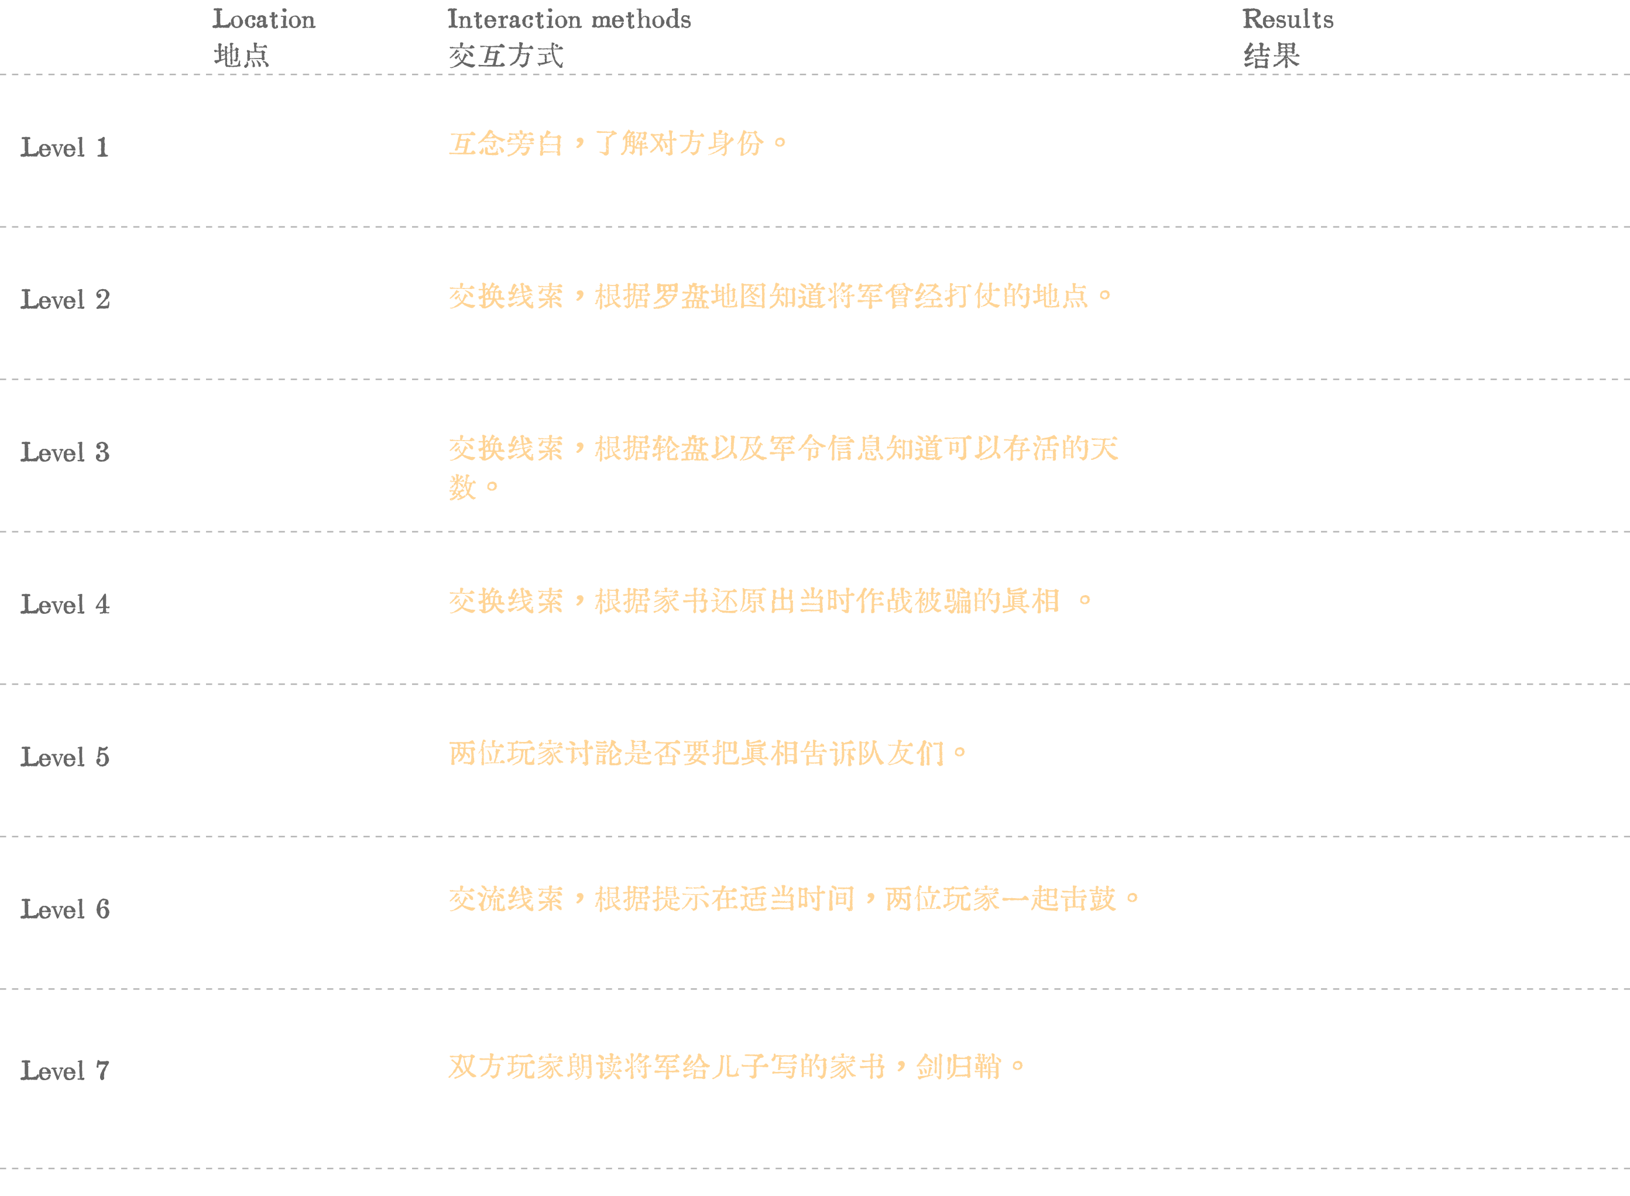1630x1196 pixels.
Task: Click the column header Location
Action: click(x=263, y=19)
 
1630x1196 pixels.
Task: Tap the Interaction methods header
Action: click(x=569, y=19)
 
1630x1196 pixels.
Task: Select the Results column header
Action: click(x=1288, y=19)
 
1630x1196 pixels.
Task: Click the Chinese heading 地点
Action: click(x=241, y=56)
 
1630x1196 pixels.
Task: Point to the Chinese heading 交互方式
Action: click(x=506, y=56)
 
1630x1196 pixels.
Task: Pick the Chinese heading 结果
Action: click(x=1272, y=56)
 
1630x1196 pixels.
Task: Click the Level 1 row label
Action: click(x=64, y=147)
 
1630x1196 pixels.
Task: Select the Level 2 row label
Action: click(x=65, y=300)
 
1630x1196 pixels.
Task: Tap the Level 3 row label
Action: click(x=65, y=452)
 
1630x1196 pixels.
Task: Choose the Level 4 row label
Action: click(x=65, y=604)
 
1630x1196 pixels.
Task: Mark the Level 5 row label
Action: click(x=65, y=757)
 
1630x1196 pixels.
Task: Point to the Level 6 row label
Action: click(x=65, y=909)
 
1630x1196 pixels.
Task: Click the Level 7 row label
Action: click(x=65, y=1071)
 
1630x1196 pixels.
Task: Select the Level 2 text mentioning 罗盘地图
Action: click(x=781, y=296)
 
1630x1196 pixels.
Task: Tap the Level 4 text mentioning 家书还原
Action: click(x=770, y=601)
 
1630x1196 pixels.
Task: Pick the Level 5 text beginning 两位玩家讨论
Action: click(x=708, y=754)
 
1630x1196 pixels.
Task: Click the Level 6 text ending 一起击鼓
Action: click(x=794, y=899)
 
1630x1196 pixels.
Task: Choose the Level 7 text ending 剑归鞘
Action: click(x=737, y=1067)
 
